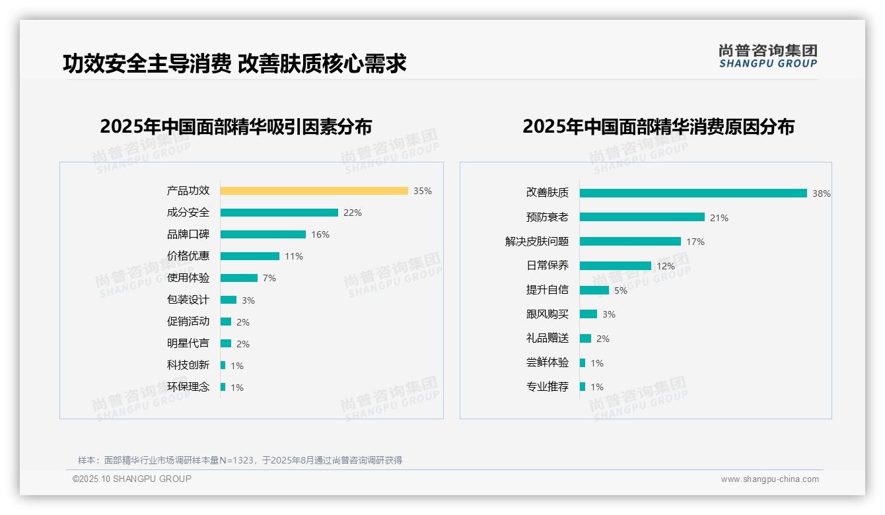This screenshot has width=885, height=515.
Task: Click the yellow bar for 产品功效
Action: coord(314,191)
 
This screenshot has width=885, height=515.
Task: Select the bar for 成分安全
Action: coord(279,213)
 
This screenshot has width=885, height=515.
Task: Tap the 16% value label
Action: coord(320,234)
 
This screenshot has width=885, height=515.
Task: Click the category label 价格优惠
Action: coord(188,256)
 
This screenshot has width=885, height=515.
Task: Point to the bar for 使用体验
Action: coord(238,278)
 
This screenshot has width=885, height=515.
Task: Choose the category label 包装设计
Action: coord(188,300)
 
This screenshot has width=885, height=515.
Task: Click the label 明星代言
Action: coord(188,343)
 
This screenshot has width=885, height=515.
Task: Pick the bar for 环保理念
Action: coord(223,387)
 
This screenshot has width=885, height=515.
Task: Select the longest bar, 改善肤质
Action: coord(693,193)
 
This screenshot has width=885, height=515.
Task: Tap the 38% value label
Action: coord(821,193)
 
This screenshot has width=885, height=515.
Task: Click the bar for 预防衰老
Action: coord(642,217)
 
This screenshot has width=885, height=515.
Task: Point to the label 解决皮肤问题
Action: coord(536,242)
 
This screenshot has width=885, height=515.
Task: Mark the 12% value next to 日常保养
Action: coord(666,266)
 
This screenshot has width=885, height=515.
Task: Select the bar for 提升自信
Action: coord(594,290)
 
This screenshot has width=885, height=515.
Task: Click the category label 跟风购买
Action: coord(547,314)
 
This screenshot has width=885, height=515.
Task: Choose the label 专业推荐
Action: coord(547,387)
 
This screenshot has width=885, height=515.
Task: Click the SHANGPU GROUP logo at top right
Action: coord(767,56)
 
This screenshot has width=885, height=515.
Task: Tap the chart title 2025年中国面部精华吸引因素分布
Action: coord(236,127)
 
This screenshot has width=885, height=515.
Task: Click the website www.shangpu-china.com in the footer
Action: coord(769,479)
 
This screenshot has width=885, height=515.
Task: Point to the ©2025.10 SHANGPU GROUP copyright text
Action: coord(132,479)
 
